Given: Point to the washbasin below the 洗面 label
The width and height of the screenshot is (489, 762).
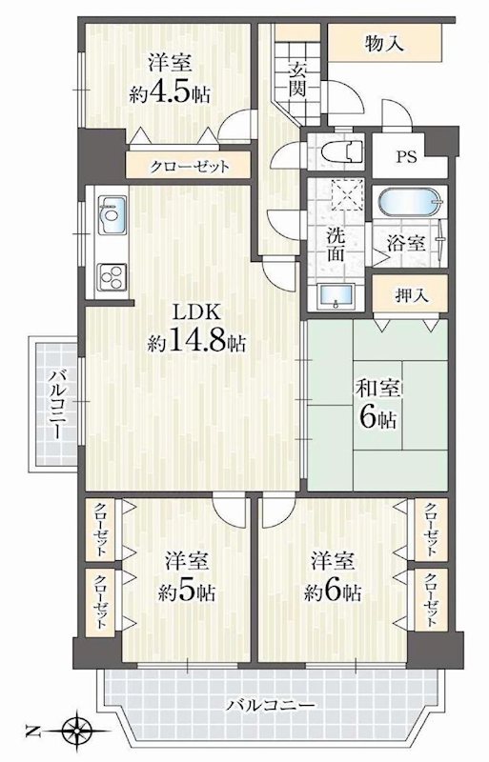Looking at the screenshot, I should pyautogui.click(x=335, y=295).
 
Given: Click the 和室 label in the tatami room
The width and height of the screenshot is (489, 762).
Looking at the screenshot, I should pyautogui.click(x=377, y=391).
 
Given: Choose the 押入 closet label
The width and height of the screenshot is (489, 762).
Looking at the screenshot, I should pyautogui.click(x=410, y=295).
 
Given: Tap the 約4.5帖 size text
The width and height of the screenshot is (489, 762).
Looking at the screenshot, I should pyautogui.click(x=170, y=93).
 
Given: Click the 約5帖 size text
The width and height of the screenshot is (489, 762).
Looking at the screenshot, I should pyautogui.click(x=180, y=592).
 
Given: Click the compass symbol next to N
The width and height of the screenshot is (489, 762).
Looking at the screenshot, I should pyautogui.click(x=75, y=732).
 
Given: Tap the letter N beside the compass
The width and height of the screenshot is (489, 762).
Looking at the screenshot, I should pyautogui.click(x=33, y=732).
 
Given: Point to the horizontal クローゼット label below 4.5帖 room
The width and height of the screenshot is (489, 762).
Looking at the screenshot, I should pyautogui.click(x=190, y=167).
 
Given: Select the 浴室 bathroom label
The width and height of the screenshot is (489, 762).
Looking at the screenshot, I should pyautogui.click(x=405, y=242).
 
